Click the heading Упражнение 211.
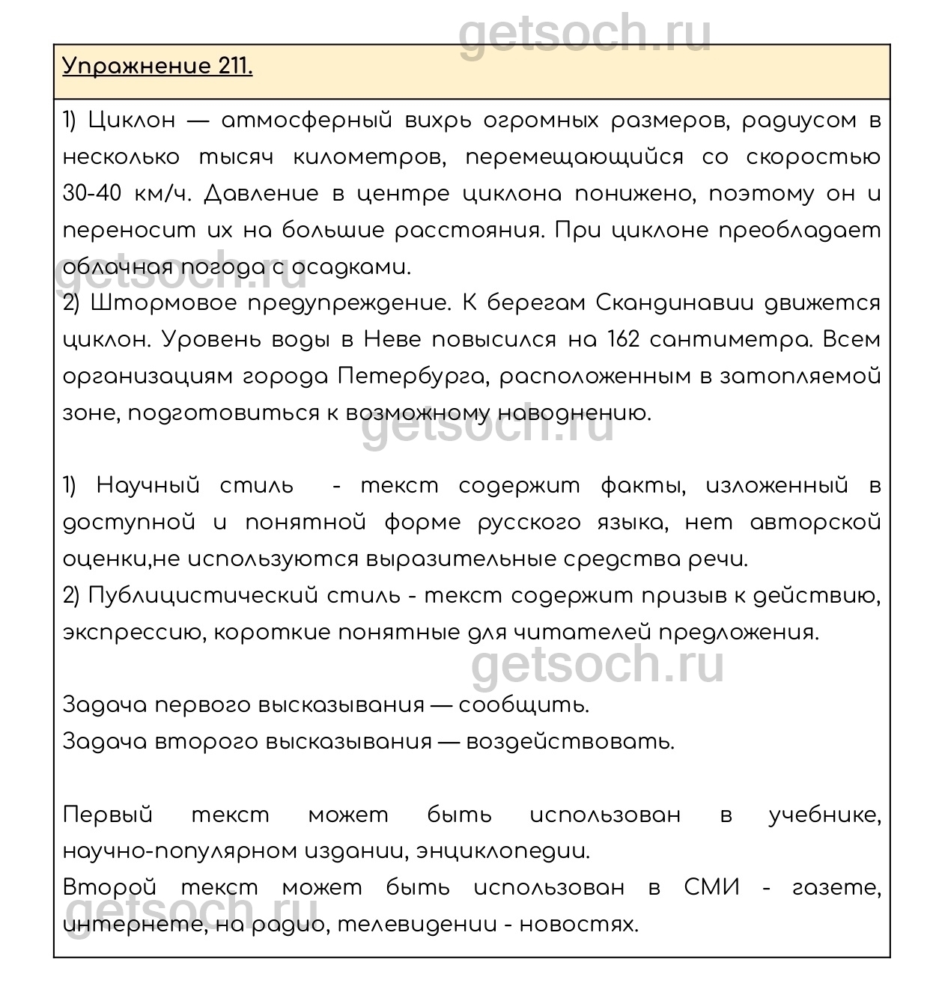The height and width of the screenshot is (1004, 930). (x=157, y=67)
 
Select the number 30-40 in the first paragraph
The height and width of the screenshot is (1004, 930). (x=92, y=194)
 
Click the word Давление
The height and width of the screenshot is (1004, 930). (x=261, y=194)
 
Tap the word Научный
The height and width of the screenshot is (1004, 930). (x=148, y=486)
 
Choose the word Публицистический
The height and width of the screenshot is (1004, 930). (x=203, y=596)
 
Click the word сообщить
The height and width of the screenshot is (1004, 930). (x=523, y=706)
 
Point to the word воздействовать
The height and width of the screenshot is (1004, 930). (x=570, y=742)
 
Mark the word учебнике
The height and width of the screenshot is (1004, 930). (x=824, y=815)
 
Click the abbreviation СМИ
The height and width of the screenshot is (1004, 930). (x=711, y=889)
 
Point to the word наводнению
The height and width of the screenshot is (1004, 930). (x=574, y=413)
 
